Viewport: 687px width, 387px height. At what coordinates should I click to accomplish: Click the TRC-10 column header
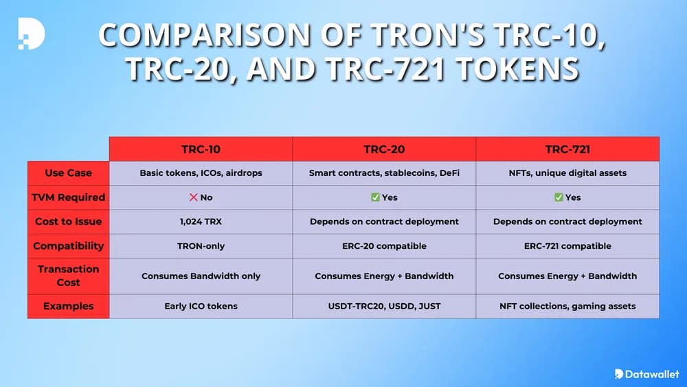point(201,148)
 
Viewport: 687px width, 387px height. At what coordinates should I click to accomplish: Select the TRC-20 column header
point(384,148)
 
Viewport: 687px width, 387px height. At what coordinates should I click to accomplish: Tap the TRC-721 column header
point(567,148)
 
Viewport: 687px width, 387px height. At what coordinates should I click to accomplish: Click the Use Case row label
point(68,173)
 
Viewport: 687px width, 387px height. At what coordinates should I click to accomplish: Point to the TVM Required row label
point(68,197)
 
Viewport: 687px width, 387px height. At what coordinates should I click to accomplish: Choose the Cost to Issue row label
point(68,221)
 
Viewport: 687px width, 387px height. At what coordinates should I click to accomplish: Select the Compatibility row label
point(68,245)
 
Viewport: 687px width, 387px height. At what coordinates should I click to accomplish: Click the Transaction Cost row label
point(68,276)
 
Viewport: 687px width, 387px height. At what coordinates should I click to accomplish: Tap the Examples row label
point(68,306)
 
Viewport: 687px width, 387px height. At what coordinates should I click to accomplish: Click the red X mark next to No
point(193,197)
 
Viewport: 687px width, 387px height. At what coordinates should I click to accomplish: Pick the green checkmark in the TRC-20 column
point(375,197)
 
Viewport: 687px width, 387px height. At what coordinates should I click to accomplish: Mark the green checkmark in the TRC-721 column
point(559,197)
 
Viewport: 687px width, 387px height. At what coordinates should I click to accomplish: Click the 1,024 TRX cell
point(201,221)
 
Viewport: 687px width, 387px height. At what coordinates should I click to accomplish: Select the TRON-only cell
point(201,245)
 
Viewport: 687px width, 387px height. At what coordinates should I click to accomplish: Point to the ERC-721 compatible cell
point(567,245)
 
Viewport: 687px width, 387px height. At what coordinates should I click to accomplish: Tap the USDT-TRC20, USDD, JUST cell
point(384,306)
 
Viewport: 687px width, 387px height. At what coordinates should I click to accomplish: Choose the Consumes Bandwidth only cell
point(201,276)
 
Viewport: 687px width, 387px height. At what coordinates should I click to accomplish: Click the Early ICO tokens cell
point(201,306)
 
